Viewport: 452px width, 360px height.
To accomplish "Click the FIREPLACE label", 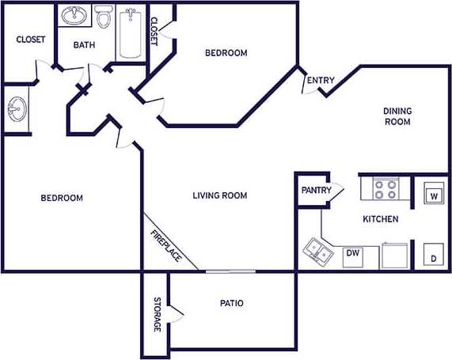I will pos(167,246).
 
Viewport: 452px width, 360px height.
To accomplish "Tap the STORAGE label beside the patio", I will pos(157,314).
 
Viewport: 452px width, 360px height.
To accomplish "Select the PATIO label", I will pos(231,303).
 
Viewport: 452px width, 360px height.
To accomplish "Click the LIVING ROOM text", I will pos(220,195).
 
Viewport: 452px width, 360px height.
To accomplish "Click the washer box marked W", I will pos(434,193).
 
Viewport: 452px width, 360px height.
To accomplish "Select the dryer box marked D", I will pos(434,257).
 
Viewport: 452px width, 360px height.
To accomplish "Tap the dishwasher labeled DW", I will pos(352,254).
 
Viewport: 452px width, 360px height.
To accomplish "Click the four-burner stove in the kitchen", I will pos(386,189).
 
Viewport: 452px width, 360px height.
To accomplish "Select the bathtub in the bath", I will pos(130,33).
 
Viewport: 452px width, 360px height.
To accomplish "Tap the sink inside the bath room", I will pos(75,17).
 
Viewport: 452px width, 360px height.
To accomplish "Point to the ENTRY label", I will pos(321,80).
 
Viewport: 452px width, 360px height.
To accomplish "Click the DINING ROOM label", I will pos(397,116).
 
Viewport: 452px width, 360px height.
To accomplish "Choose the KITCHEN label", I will pos(380,218).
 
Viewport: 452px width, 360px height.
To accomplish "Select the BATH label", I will pos(84,45).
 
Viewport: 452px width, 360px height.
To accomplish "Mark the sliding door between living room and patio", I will pos(230,271).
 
